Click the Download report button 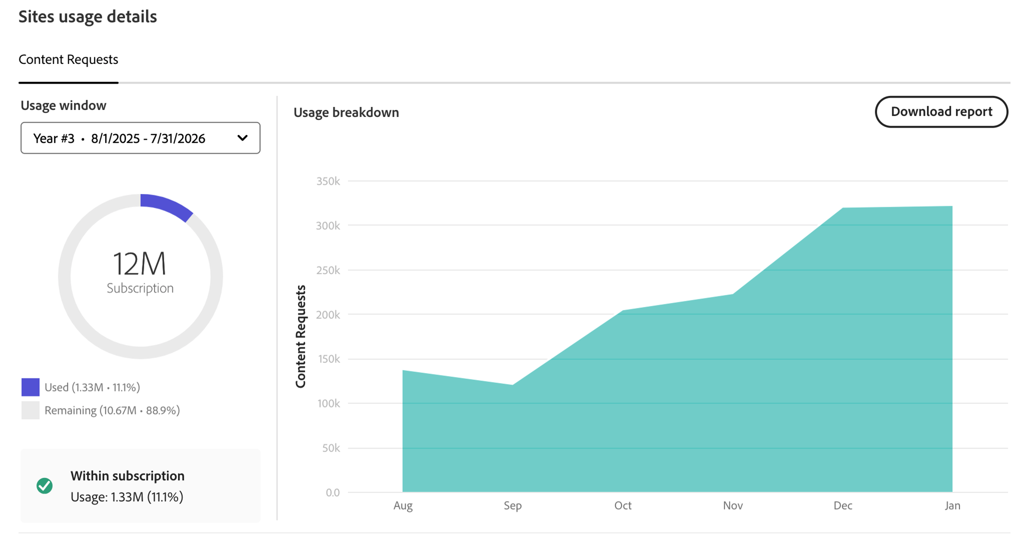point(941,112)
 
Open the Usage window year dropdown point(140,138)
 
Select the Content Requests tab point(68,60)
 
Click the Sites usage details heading point(88,17)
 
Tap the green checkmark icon point(45,485)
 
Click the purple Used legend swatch point(30,387)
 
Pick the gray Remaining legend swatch point(30,410)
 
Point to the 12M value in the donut point(140,264)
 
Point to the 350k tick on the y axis point(328,181)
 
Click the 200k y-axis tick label point(328,315)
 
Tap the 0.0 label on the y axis point(333,492)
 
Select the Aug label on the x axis point(403,506)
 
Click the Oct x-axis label point(623,506)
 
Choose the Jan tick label point(952,506)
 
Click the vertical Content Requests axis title point(300,336)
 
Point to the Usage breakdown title point(346,113)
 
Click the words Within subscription point(127,476)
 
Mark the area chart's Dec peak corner point(843,209)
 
